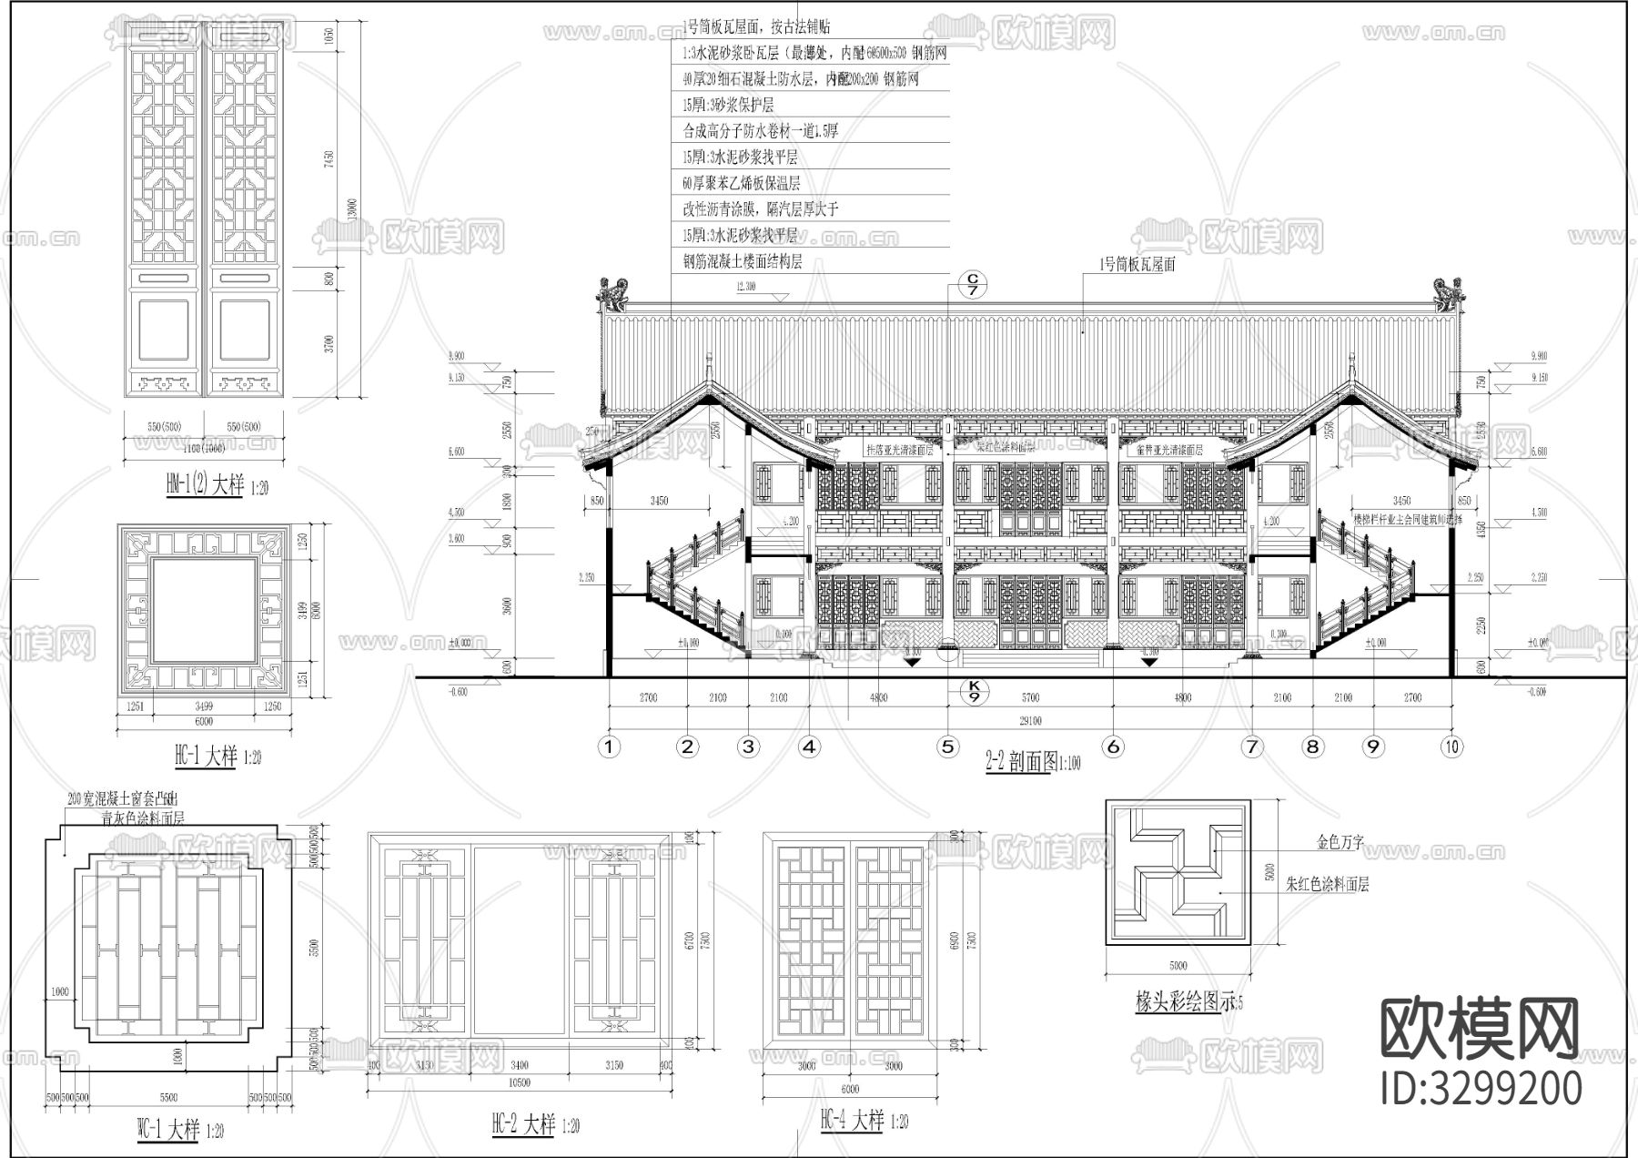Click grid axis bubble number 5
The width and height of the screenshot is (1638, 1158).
(948, 747)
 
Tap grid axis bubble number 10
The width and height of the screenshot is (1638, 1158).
(1451, 747)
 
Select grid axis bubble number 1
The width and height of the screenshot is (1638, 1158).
(609, 747)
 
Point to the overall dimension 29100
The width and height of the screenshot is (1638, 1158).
(1030, 720)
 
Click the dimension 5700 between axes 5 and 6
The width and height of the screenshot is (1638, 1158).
(1030, 698)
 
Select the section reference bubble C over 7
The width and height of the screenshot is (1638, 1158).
(973, 284)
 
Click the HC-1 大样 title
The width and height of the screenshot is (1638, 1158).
(205, 756)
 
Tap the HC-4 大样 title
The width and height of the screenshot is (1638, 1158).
(851, 1120)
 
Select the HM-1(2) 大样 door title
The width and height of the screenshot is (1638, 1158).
(204, 485)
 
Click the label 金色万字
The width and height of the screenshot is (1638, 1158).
(1340, 843)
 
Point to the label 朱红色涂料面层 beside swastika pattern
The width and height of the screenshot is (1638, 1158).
(1328, 884)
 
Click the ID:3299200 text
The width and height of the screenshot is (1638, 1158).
(1481, 1089)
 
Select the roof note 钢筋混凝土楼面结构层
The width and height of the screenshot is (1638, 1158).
(743, 261)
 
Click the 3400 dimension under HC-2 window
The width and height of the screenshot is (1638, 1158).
(519, 1064)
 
